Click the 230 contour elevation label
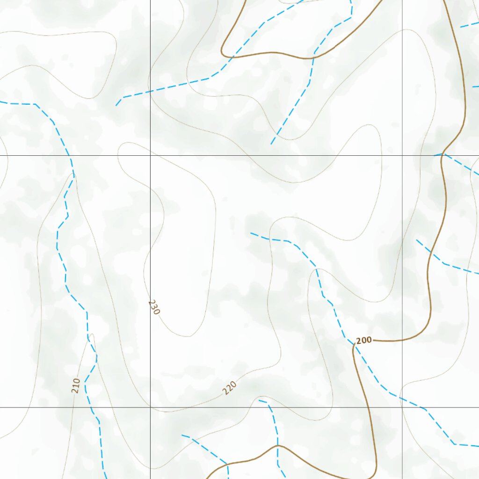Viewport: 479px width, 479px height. tap(154, 307)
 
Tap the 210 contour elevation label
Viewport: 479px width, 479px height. tap(76, 385)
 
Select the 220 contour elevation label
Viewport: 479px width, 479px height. tap(229, 388)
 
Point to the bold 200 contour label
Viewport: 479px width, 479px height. tap(364, 340)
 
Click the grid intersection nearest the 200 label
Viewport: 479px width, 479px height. tap(402, 407)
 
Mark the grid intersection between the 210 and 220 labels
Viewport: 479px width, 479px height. tap(150, 407)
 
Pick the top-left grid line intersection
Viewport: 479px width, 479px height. tap(150, 155)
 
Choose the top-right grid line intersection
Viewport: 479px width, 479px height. tap(402, 155)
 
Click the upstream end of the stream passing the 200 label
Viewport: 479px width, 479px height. tap(251, 233)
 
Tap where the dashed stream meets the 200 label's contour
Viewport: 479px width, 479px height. tap(353, 345)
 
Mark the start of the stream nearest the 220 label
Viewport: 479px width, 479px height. tap(260, 400)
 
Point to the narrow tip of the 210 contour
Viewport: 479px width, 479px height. tap(93, 334)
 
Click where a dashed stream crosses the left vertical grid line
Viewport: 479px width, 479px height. tap(150, 91)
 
